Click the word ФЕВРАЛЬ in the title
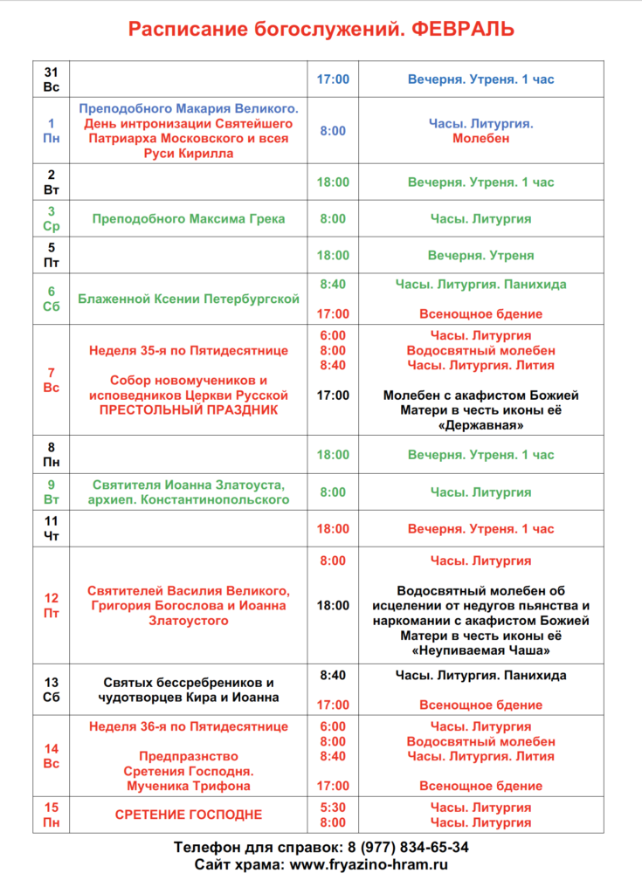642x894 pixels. click(x=462, y=30)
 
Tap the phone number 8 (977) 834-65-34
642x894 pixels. click(x=408, y=847)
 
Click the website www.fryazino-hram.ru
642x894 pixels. click(x=369, y=864)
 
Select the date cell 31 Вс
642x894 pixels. click(x=51, y=79)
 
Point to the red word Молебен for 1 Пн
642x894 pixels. click(x=480, y=138)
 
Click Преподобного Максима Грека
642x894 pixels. click(x=189, y=219)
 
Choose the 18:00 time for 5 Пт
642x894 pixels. click(x=332, y=256)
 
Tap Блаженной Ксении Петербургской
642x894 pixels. click(x=189, y=299)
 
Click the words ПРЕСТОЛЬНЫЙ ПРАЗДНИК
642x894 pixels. click(x=189, y=409)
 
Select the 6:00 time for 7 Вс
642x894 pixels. click(x=332, y=335)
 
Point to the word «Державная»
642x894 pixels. click(x=480, y=425)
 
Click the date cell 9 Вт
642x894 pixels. click(x=51, y=492)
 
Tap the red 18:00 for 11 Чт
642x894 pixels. click(x=332, y=529)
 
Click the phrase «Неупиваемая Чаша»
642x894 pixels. click(x=480, y=650)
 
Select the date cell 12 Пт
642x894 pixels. click(x=51, y=605)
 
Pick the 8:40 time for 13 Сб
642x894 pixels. click(x=332, y=675)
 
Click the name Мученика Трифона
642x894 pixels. click(x=189, y=786)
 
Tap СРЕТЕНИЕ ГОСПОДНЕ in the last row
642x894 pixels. click(x=189, y=815)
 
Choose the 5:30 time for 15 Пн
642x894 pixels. click(x=332, y=808)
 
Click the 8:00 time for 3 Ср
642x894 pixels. click(x=332, y=219)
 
